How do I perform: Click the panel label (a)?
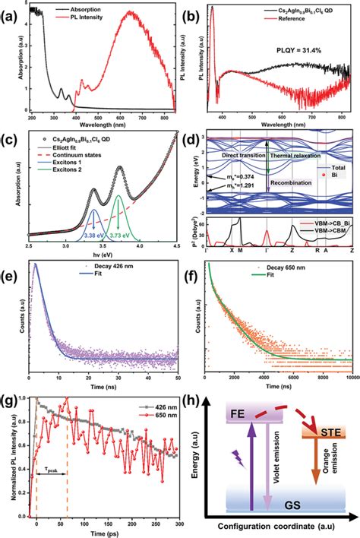11,14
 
